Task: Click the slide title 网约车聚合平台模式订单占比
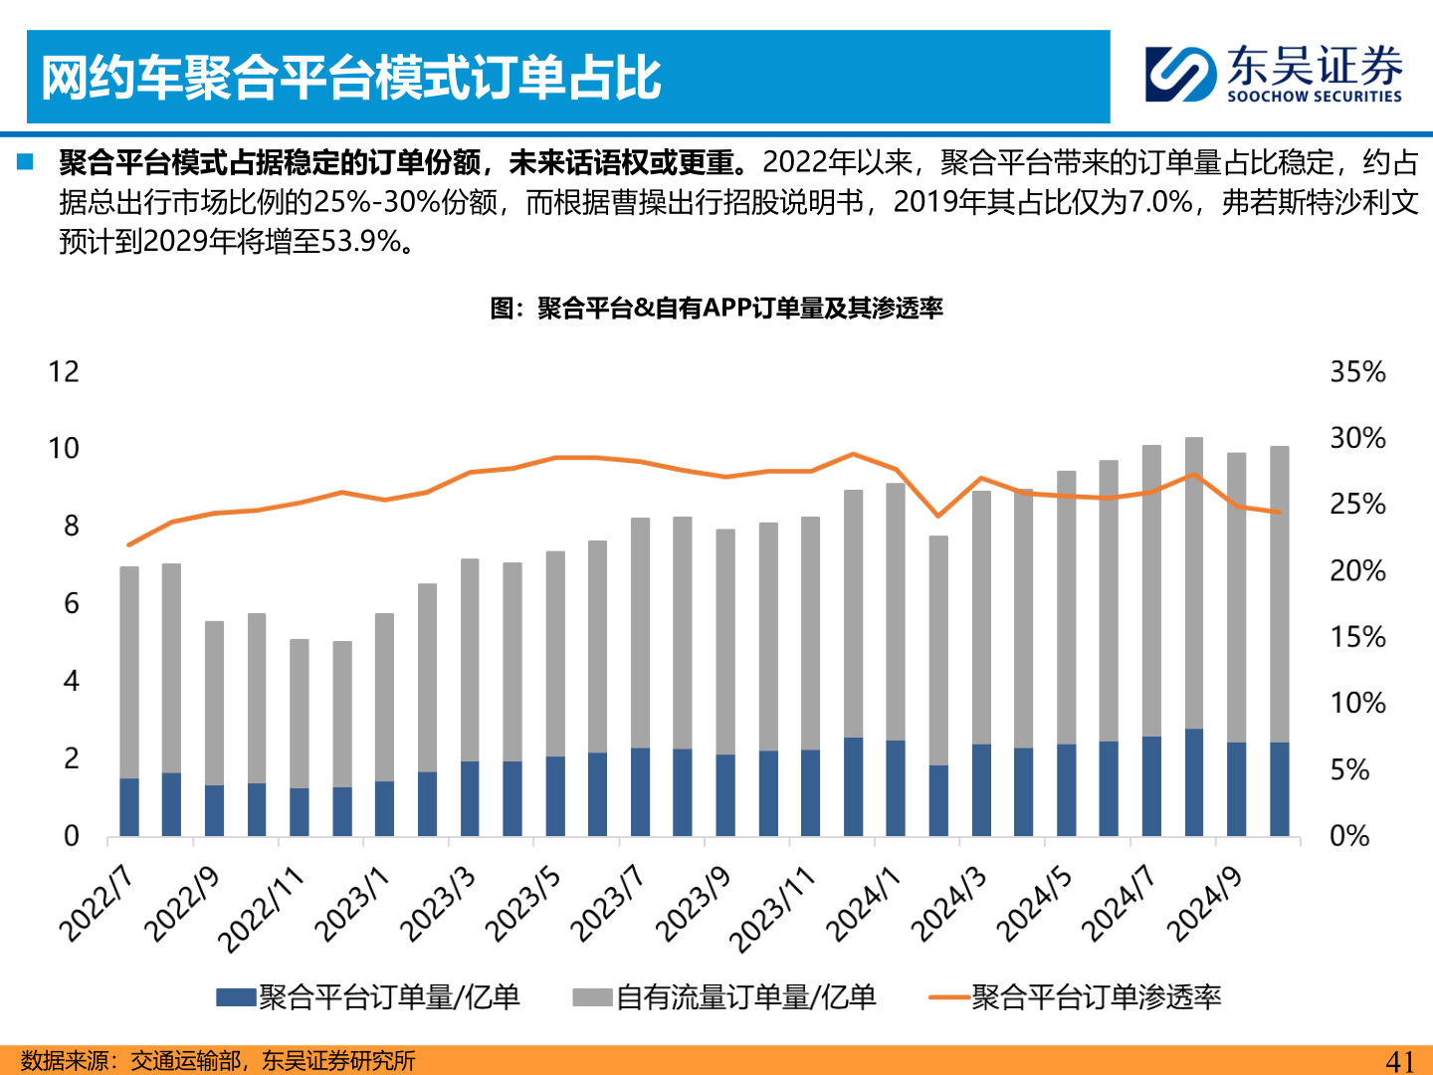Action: pyautogui.click(x=350, y=78)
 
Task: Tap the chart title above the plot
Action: pyautogui.click(x=716, y=309)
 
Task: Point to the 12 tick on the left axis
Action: pyautogui.click(x=64, y=372)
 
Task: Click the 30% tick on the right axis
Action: pyautogui.click(x=1357, y=438)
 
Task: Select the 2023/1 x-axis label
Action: pyautogui.click(x=352, y=904)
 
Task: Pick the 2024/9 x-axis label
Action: pyautogui.click(x=1204, y=904)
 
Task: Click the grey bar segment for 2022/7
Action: pyautogui.click(x=129, y=672)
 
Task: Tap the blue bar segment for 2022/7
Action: pyautogui.click(x=129, y=807)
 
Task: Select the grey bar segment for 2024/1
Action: pyautogui.click(x=896, y=612)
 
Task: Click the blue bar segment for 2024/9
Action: pyautogui.click(x=1237, y=789)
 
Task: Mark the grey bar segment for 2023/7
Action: pyautogui.click(x=640, y=632)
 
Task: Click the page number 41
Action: pyautogui.click(x=1399, y=1061)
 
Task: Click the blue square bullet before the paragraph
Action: pyautogui.click(x=26, y=161)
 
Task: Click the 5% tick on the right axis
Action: pyautogui.click(x=1350, y=770)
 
